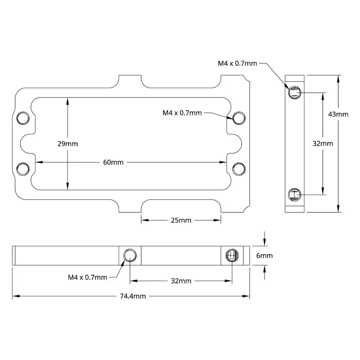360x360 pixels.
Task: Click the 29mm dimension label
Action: pyautogui.click(x=67, y=144)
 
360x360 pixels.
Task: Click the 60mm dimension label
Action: pyautogui.click(x=113, y=162)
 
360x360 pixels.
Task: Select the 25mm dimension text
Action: pyautogui.click(x=181, y=220)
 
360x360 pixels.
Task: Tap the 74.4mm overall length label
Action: pyautogui.click(x=133, y=296)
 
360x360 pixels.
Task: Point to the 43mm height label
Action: pyautogui.click(x=338, y=114)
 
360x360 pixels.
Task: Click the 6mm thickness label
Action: pyautogui.click(x=264, y=256)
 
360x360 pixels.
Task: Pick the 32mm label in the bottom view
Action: pyautogui.click(x=181, y=281)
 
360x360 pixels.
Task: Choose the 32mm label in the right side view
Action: pyautogui.click(x=323, y=143)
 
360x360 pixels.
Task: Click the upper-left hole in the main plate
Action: pyautogui.click(x=23, y=117)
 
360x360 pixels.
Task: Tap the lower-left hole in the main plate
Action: pyautogui.click(x=23, y=168)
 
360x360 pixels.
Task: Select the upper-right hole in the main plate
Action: pyautogui.click(x=239, y=117)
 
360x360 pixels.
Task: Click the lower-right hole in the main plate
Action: pyautogui.click(x=239, y=168)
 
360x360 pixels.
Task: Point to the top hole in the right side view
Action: pyautogui.click(x=294, y=93)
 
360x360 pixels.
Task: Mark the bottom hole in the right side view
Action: pyautogui.click(x=294, y=195)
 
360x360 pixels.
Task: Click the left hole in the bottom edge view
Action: pyautogui.click(x=130, y=256)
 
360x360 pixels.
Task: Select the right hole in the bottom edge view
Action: pyautogui.click(x=231, y=256)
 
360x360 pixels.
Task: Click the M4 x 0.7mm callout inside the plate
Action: pyautogui.click(x=182, y=113)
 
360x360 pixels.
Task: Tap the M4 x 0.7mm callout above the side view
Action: pyautogui.click(x=237, y=64)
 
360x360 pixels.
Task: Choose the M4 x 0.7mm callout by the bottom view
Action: pyautogui.click(x=87, y=277)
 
